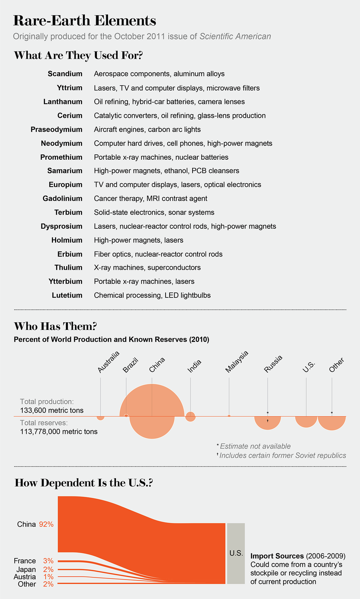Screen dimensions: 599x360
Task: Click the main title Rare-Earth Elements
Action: coord(85,21)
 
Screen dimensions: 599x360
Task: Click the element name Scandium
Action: coord(65,74)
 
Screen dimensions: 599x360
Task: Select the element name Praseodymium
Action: coord(57,130)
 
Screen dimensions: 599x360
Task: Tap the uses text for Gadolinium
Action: coord(150,199)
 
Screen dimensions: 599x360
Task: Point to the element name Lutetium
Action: coord(67,295)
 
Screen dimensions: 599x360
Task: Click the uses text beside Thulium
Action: coord(147,268)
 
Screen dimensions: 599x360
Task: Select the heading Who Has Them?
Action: coord(55,326)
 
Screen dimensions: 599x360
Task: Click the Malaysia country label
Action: coord(237,362)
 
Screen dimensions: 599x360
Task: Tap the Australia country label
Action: coord(108,362)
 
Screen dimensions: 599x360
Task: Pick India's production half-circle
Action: coord(190,414)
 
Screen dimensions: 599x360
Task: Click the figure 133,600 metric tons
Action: coord(52,410)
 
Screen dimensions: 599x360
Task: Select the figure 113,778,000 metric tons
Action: coord(59,431)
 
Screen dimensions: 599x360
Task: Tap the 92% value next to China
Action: coord(46,524)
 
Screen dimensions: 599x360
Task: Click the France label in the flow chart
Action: coord(25,561)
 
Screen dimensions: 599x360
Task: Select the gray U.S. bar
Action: coord(236,553)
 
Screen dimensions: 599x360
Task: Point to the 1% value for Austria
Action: coord(48,577)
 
